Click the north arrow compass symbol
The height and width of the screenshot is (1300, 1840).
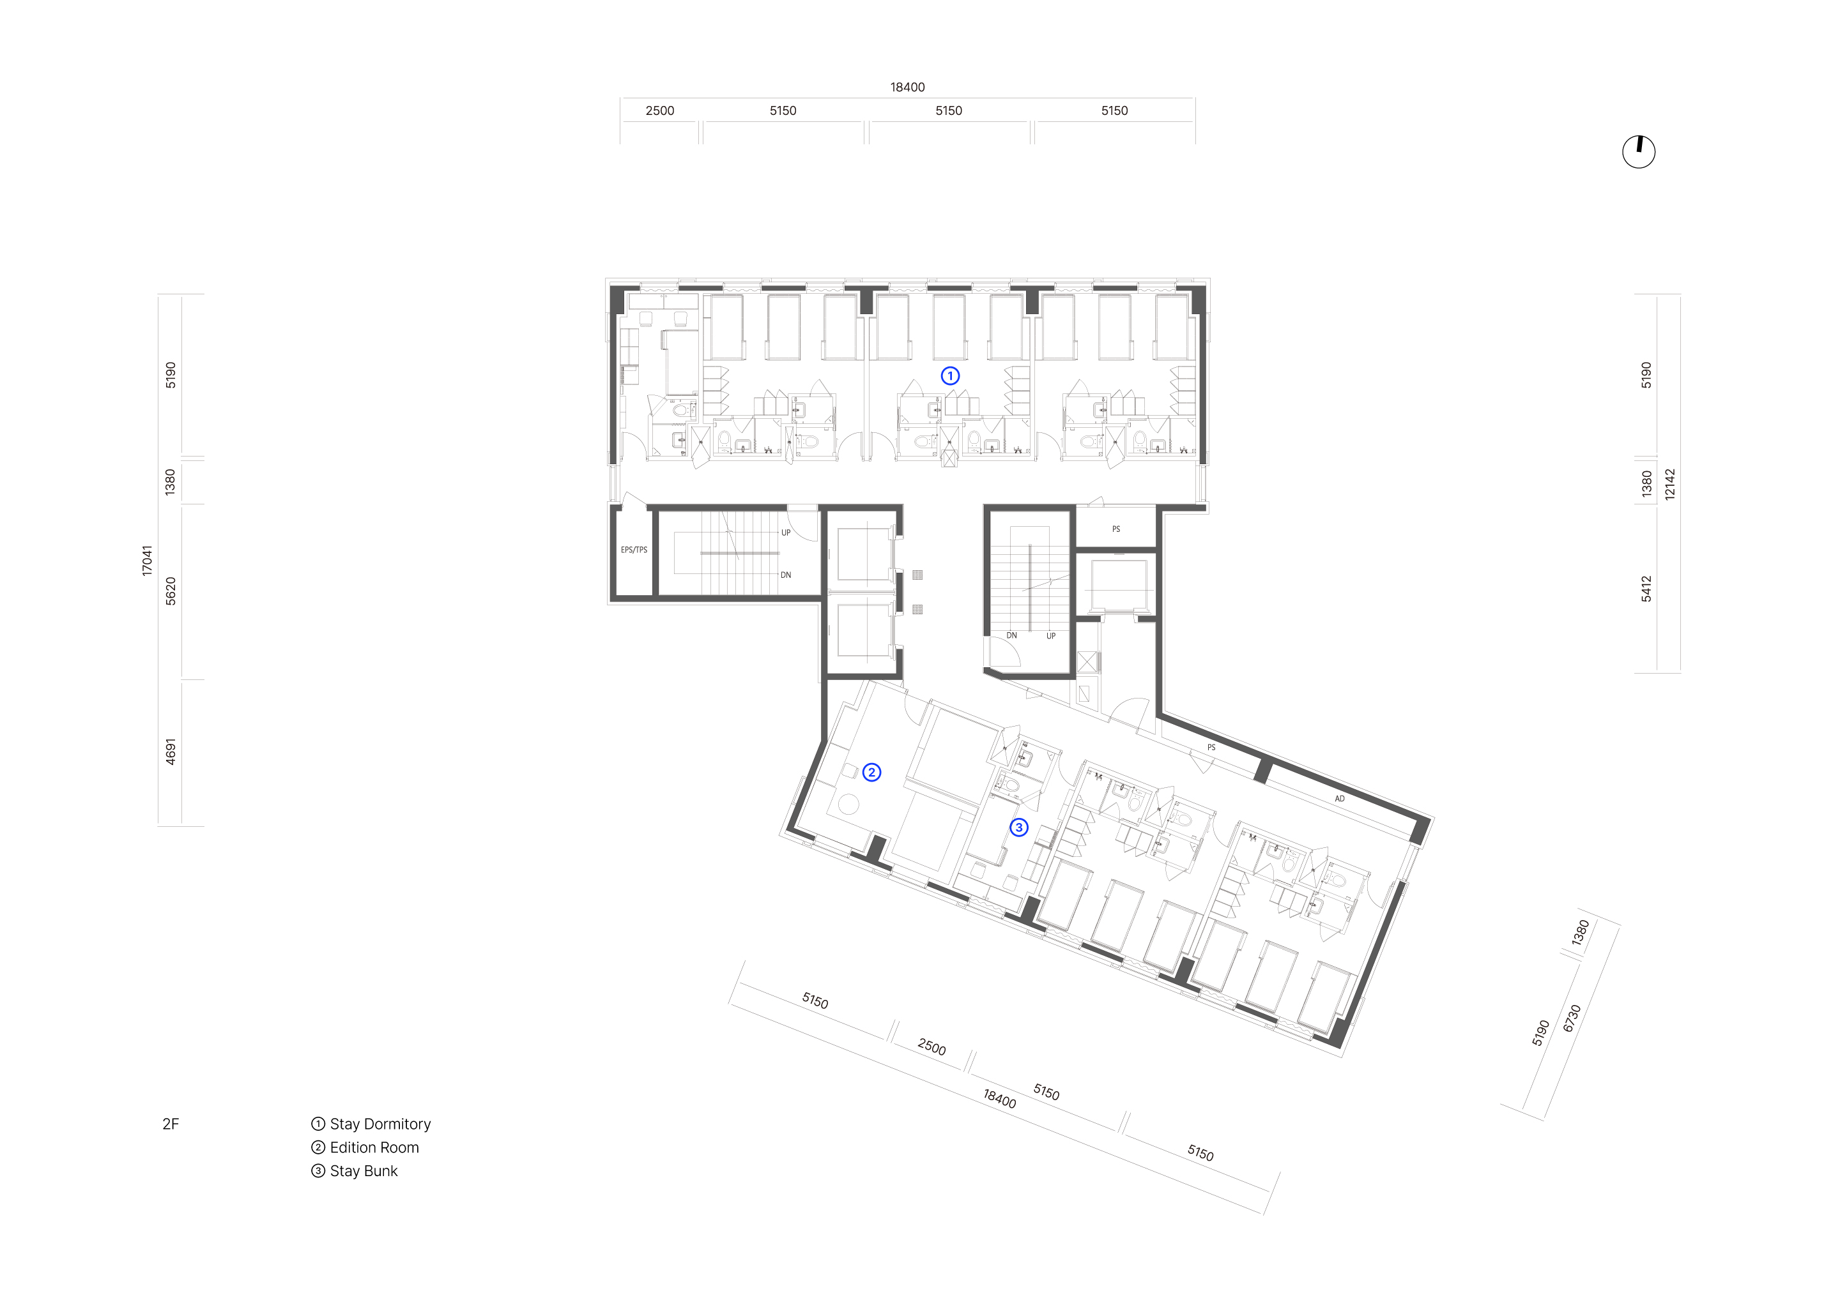(1639, 151)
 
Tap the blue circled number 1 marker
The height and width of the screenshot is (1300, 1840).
(951, 375)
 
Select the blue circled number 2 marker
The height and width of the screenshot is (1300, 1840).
(872, 772)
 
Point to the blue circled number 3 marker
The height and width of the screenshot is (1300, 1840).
(1018, 828)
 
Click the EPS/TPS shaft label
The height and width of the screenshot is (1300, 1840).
(634, 550)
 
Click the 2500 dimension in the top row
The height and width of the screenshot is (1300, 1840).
(659, 110)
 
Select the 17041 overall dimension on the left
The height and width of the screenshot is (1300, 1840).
(147, 561)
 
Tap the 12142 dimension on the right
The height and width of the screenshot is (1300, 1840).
(1670, 485)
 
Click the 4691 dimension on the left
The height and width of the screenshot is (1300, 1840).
(170, 752)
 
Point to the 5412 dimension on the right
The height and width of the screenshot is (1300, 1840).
(1646, 589)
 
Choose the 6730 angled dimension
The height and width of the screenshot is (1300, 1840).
(1572, 1018)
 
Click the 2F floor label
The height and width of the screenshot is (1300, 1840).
(171, 1124)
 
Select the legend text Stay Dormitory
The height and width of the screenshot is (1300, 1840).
(381, 1124)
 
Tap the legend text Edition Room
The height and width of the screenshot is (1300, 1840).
(374, 1147)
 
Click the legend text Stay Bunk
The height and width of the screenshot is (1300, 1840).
(364, 1171)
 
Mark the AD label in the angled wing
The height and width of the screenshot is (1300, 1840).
(1339, 799)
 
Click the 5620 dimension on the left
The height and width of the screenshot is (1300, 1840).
(170, 591)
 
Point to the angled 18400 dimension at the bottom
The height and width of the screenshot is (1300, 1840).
(999, 1098)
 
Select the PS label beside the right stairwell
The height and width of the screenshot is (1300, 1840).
(1115, 529)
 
